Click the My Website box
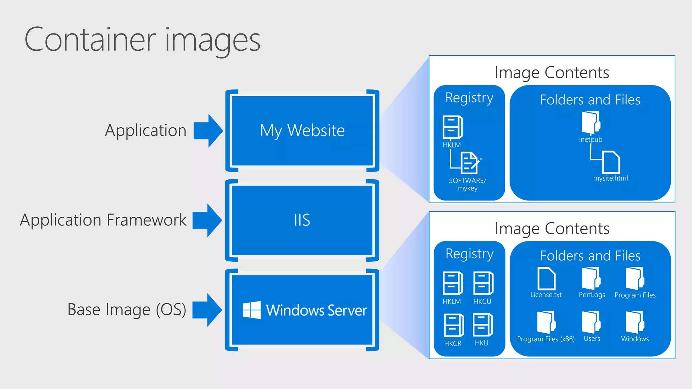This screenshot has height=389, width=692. (x=302, y=131)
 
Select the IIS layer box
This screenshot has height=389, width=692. (x=302, y=220)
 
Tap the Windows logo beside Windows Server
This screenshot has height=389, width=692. (x=252, y=310)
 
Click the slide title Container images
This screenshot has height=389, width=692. (x=142, y=40)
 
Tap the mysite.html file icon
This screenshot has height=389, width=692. (x=611, y=162)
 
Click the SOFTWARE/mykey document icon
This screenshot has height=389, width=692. (x=470, y=163)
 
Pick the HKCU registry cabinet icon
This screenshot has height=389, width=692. (x=483, y=283)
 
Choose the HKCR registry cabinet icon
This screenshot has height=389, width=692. (x=453, y=325)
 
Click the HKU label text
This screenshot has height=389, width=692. (x=481, y=343)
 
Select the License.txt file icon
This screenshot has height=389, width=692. (x=546, y=279)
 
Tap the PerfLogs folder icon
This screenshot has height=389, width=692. (x=591, y=279)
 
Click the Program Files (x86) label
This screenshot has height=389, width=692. (x=546, y=339)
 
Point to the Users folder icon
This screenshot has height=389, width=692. (x=591, y=322)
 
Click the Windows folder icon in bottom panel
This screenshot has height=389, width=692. (x=635, y=322)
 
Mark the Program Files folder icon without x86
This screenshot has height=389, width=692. (x=635, y=279)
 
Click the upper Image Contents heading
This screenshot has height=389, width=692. (x=552, y=73)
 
